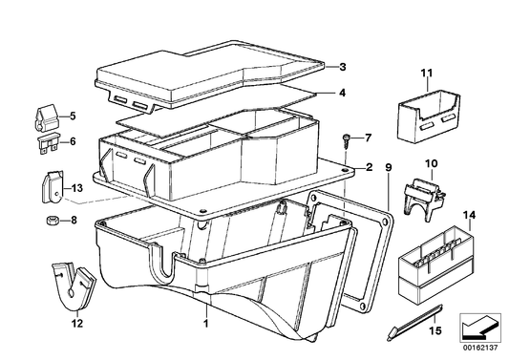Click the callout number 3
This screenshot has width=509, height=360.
pyautogui.click(x=343, y=67)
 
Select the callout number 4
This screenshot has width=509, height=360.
pyautogui.click(x=342, y=93)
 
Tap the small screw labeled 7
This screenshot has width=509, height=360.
pyautogui.click(x=345, y=141)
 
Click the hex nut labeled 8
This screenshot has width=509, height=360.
pyautogui.click(x=52, y=221)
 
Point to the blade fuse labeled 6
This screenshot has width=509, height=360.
pyautogui.click(x=49, y=143)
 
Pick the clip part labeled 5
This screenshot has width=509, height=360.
pyautogui.click(x=46, y=118)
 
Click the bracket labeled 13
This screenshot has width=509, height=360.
pyautogui.click(x=53, y=187)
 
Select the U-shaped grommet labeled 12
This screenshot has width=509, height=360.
pyautogui.click(x=74, y=286)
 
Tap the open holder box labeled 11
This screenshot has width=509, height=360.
pyautogui.click(x=429, y=116)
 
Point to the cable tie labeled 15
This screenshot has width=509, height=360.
pyautogui.click(x=414, y=323)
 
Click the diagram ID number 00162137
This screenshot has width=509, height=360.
pyautogui.click(x=480, y=348)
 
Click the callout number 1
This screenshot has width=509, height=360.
pyautogui.click(x=205, y=323)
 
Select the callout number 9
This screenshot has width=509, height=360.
pyautogui.click(x=389, y=168)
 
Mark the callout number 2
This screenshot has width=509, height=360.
pyautogui.click(x=369, y=167)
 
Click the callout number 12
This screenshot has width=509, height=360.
pyautogui.click(x=77, y=323)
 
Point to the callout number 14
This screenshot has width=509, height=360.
pyautogui.click(x=469, y=215)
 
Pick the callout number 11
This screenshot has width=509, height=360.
pyautogui.click(x=427, y=73)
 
